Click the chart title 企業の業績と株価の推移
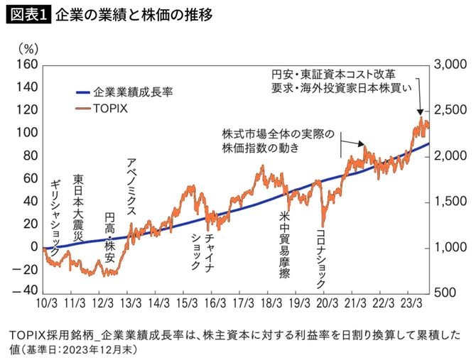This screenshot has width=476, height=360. tap(133, 15)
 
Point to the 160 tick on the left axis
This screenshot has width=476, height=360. tap(26, 65)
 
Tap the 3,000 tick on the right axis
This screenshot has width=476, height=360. tap(450, 65)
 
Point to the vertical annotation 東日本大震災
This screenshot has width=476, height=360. tap(79, 206)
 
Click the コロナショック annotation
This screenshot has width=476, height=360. tap(320, 256)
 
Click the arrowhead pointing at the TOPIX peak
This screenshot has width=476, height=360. tap(420, 111)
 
